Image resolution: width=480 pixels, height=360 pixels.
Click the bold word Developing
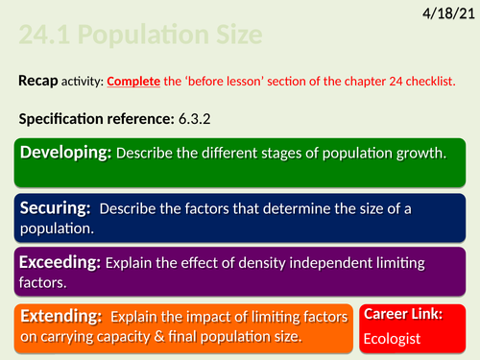click(65, 154)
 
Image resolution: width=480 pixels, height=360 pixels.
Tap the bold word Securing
click(58, 206)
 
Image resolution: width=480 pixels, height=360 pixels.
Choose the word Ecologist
click(395, 339)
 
